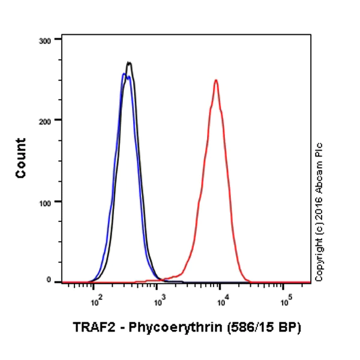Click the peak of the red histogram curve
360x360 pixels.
215,80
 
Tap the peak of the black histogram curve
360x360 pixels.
128,62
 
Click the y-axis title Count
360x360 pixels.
21,158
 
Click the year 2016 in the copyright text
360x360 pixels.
319,211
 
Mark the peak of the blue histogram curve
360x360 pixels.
124,74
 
